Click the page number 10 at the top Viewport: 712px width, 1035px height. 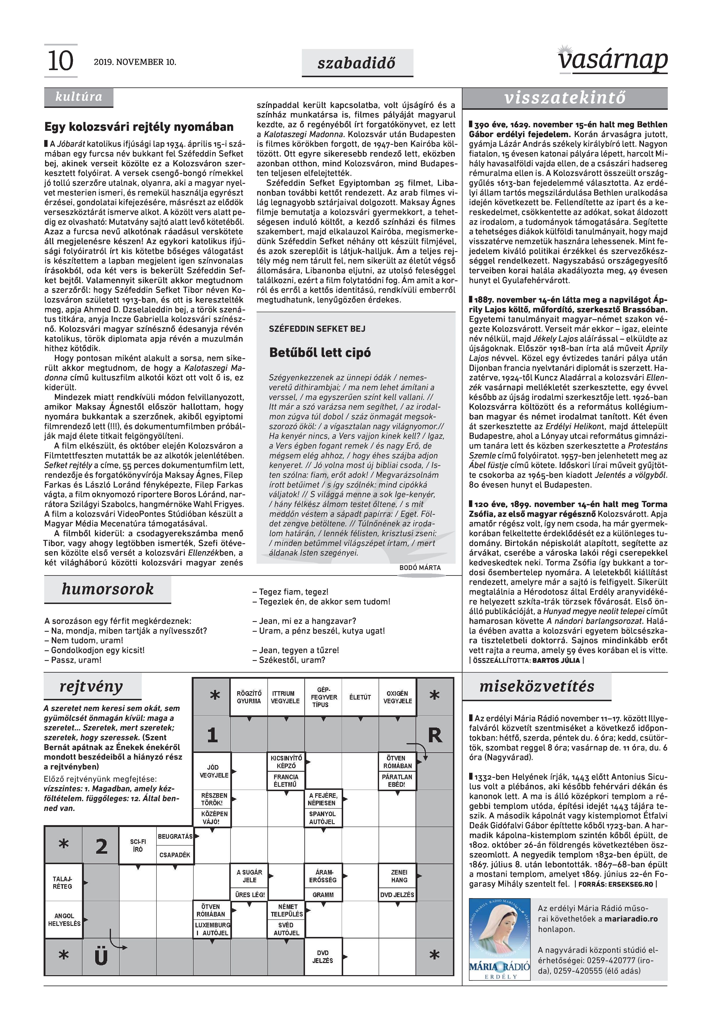60,61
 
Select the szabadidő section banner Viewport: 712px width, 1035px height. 357,63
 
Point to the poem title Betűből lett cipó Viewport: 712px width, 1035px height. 320,353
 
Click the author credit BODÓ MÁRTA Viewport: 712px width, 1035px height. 420,568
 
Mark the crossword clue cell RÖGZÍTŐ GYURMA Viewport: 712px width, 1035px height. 249,697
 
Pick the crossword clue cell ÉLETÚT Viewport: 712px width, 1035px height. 360,697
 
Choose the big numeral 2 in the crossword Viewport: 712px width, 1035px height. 101,846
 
